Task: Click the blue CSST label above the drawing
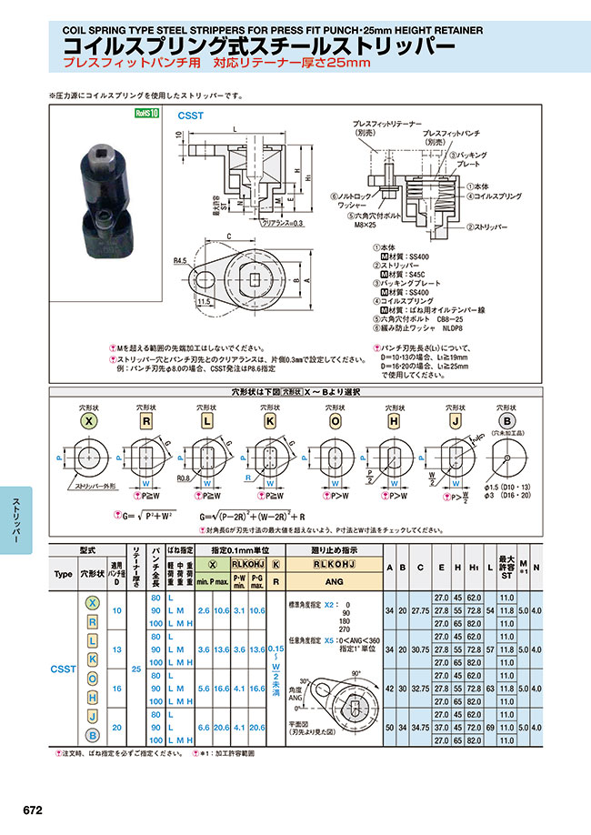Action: click(x=190, y=116)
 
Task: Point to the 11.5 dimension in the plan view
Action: click(x=201, y=300)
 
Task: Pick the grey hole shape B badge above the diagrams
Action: click(x=508, y=421)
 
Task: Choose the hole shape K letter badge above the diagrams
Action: click(x=270, y=421)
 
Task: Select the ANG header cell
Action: click(x=334, y=580)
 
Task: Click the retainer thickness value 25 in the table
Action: click(x=135, y=670)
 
